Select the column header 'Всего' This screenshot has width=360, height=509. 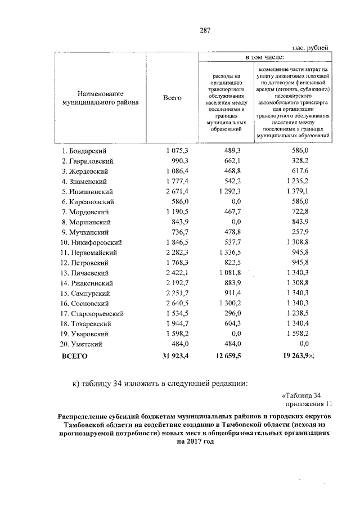(172, 98)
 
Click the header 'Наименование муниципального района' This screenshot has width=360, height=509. (101, 98)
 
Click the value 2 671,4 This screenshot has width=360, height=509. (177, 191)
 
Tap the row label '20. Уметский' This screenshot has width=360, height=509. (84, 344)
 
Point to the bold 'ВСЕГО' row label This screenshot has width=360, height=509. (75, 356)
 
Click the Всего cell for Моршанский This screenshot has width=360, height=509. (181, 222)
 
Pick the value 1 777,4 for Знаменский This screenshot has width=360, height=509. (177, 181)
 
